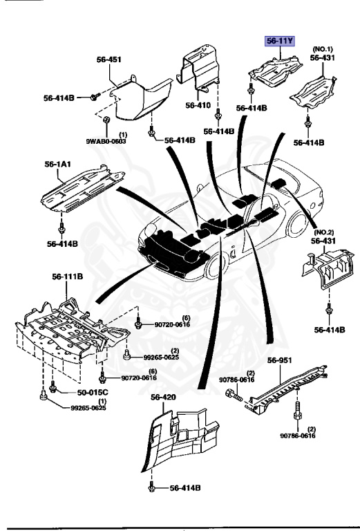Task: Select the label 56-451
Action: point(108,60)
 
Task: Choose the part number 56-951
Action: point(281,360)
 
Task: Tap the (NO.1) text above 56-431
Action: point(323,49)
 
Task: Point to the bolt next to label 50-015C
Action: point(53,391)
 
